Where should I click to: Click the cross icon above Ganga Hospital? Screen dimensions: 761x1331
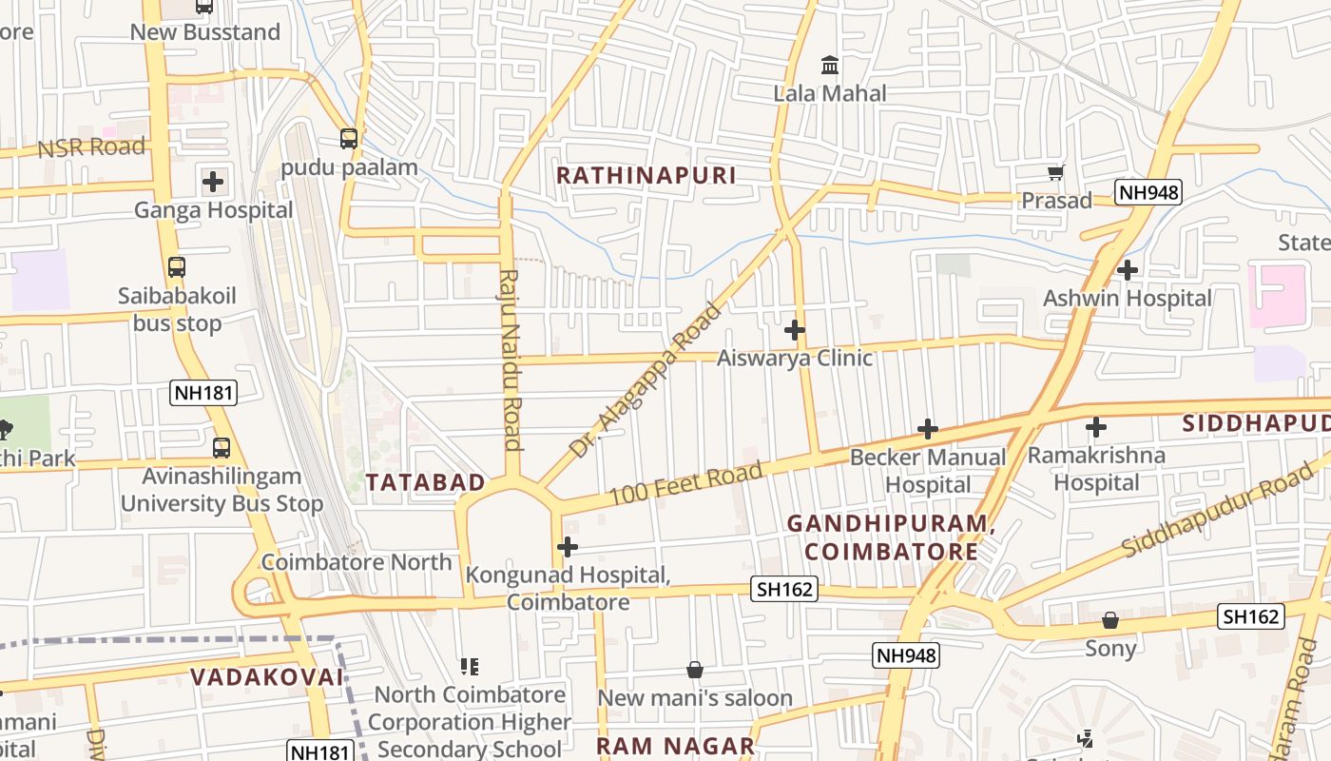(213, 181)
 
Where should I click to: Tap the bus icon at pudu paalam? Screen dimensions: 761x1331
(349, 139)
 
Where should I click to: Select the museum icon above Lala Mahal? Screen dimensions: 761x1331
(830, 66)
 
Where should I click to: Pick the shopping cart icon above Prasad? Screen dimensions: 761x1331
(1055, 173)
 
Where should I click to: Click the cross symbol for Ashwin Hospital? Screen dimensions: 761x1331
(1128, 270)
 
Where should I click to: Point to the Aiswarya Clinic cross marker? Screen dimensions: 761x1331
(795, 330)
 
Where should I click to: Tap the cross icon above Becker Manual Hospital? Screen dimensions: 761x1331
(928, 429)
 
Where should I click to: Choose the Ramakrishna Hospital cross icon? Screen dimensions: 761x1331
(1096, 427)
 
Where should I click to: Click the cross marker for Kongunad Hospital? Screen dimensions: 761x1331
(568, 547)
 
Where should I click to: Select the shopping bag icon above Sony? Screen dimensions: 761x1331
(1110, 620)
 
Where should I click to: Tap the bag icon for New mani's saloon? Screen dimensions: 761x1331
(695, 670)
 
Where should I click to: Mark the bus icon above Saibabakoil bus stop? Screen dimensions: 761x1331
(177, 267)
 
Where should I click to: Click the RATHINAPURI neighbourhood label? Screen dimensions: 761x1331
(646, 176)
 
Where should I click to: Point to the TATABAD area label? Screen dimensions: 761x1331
(426, 482)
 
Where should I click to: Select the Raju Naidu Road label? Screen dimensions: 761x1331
(511, 360)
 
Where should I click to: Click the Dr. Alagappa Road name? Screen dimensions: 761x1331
(646, 380)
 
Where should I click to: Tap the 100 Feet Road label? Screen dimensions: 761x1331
(685, 483)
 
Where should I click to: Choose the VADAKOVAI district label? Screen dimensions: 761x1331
(266, 677)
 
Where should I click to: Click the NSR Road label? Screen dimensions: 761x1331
(91, 147)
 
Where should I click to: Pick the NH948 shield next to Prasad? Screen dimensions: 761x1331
(1148, 193)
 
